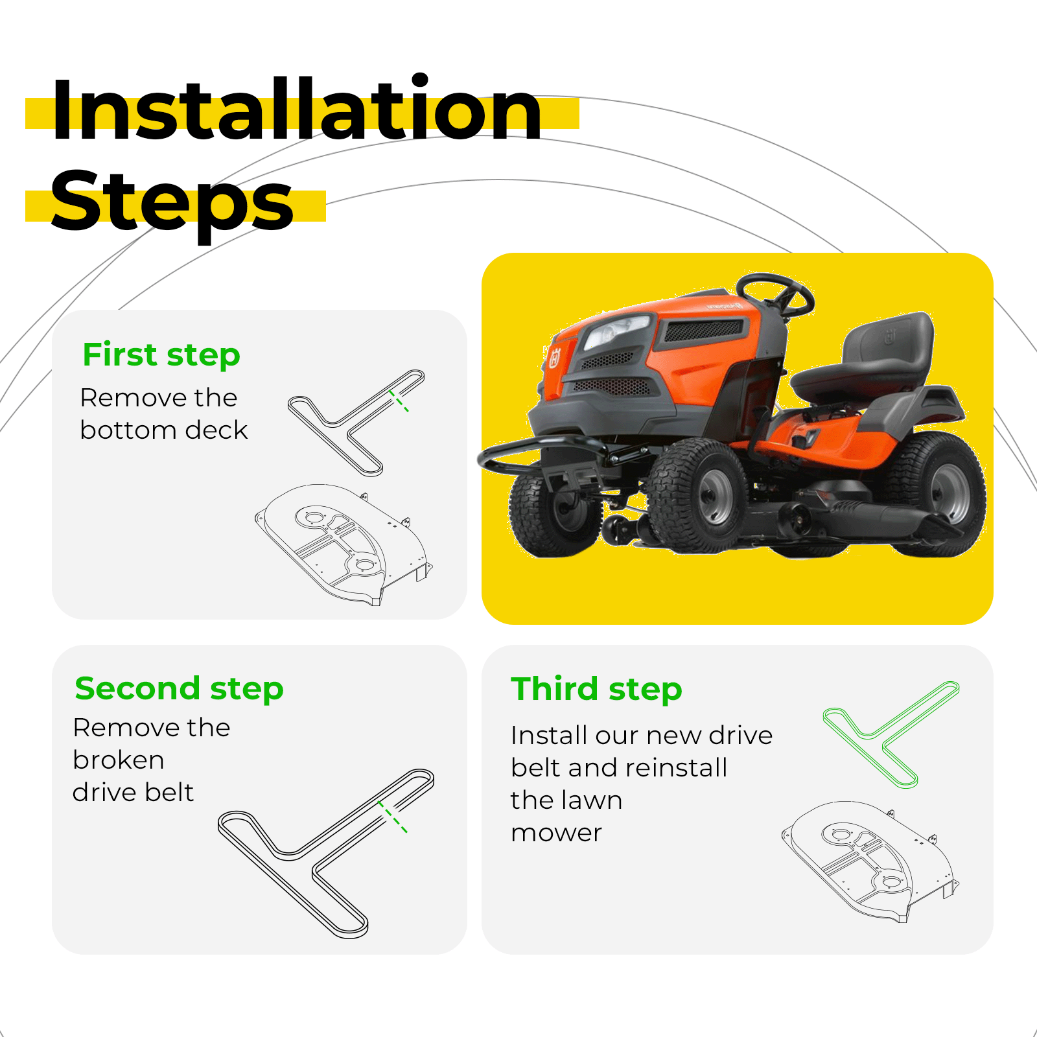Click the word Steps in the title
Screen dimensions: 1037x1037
click(172, 201)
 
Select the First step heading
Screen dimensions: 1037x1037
click(161, 355)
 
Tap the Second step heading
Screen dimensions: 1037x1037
click(179, 689)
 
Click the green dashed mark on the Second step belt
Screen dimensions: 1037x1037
click(393, 817)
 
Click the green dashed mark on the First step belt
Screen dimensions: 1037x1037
click(399, 401)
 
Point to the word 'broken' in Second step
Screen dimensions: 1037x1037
click(119, 760)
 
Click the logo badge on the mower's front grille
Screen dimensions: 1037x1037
click(555, 358)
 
